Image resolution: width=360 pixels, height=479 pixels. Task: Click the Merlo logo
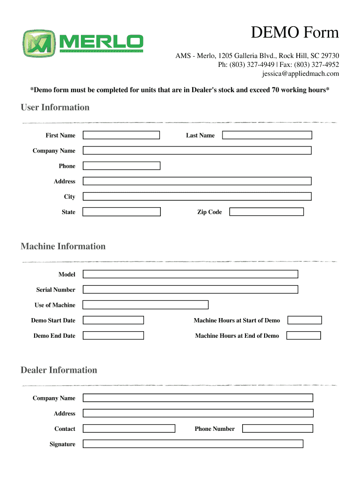coord(83,44)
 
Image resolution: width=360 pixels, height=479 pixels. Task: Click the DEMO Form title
coord(295,33)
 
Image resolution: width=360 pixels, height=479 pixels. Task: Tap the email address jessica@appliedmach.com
coord(300,74)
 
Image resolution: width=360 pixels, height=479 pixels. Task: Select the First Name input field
coord(121,135)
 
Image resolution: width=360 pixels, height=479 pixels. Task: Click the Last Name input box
coord(266,135)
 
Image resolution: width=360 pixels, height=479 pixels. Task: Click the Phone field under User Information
coord(121,166)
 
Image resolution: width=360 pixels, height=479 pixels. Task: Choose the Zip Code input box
coord(266,212)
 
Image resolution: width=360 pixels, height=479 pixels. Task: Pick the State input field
coord(122,212)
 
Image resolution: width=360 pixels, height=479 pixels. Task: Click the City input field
coord(197,196)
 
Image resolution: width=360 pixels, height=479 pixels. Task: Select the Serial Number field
coord(190,290)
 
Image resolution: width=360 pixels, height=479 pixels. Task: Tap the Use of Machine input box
coord(145,305)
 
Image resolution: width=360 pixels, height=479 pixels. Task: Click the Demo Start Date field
coord(113,320)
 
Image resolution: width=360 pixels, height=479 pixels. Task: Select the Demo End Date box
coord(113,335)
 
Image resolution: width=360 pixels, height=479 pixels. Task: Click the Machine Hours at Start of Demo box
coord(304,320)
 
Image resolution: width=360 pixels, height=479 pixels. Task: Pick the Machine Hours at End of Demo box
coord(303,335)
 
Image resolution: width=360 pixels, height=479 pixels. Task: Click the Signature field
coord(193,444)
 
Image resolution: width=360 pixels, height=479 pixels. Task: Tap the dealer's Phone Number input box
coord(278,428)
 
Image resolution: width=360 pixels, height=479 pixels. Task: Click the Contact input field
coord(129,428)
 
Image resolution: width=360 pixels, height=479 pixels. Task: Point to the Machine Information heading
coord(63,247)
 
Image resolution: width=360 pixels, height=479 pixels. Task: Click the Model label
coord(66,274)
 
